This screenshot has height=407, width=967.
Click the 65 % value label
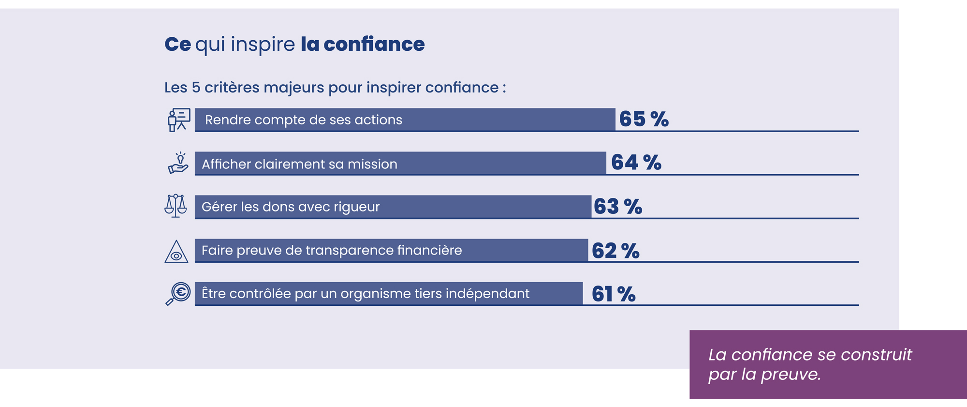click(x=644, y=119)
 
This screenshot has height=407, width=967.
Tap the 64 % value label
click(x=636, y=163)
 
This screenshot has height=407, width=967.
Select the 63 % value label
click(x=617, y=207)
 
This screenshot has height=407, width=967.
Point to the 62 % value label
click(x=615, y=251)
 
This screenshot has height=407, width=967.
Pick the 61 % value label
click(x=613, y=294)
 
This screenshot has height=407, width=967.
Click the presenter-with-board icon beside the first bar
click(x=178, y=120)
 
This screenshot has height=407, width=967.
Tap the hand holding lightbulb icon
click(x=178, y=163)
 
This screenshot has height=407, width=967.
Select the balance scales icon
click(x=176, y=206)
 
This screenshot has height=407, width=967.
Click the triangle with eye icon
click(x=176, y=252)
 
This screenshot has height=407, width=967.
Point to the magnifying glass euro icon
click(x=178, y=294)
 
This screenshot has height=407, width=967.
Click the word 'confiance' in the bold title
click(x=374, y=45)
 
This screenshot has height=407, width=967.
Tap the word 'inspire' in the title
click(x=263, y=45)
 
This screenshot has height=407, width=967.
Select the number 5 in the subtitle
click(x=196, y=88)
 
